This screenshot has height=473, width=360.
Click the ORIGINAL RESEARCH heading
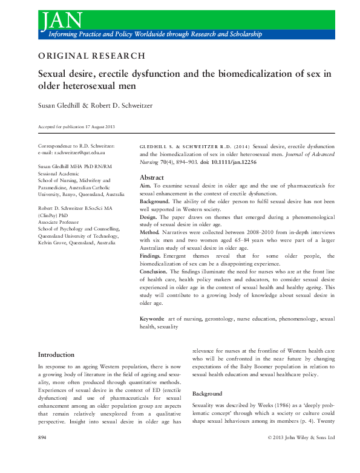tap(91, 56)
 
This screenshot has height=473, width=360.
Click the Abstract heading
tap(152, 178)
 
